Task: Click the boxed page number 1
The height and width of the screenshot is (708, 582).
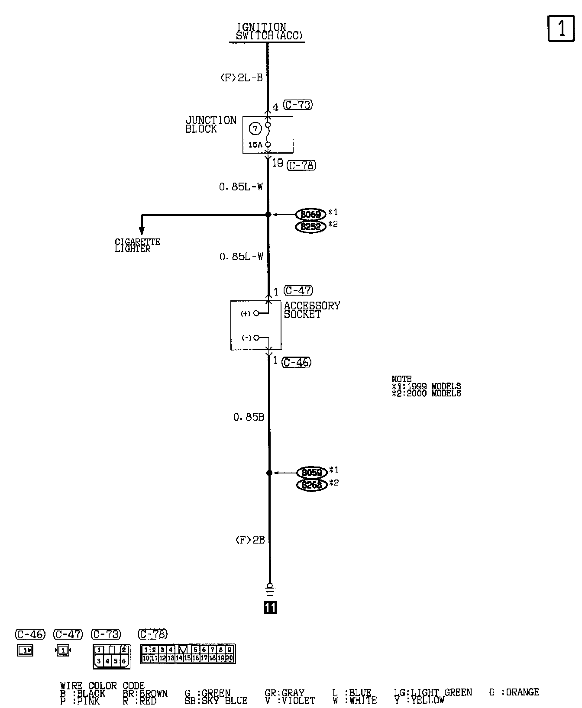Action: [x=561, y=29]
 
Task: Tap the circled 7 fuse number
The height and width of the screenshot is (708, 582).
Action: [x=255, y=129]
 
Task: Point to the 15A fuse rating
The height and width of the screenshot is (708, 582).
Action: [x=255, y=145]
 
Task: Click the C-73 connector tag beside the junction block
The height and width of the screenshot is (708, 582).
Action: [x=298, y=105]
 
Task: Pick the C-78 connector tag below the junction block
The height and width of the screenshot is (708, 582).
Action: [x=301, y=165]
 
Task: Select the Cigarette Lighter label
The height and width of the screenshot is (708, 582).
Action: [x=137, y=245]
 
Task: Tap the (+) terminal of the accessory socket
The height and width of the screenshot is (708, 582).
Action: [x=256, y=313]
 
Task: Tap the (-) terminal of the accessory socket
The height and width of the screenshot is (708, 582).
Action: [x=256, y=338]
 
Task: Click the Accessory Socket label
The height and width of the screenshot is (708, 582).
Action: [x=312, y=310]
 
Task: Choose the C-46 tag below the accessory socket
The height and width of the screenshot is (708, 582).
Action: [x=297, y=362]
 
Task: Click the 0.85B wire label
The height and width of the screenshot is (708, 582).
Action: [x=249, y=417]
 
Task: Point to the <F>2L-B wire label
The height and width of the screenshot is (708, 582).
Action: [x=241, y=78]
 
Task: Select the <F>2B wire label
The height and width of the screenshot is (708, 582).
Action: [x=250, y=540]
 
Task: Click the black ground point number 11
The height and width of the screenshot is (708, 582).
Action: [x=270, y=608]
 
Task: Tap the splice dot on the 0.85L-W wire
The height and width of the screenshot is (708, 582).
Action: [x=268, y=214]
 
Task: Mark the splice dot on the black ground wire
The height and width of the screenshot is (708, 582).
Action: [x=269, y=473]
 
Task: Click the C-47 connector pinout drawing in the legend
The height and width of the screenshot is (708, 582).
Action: [x=63, y=650]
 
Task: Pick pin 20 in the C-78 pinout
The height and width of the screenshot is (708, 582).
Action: [x=230, y=658]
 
